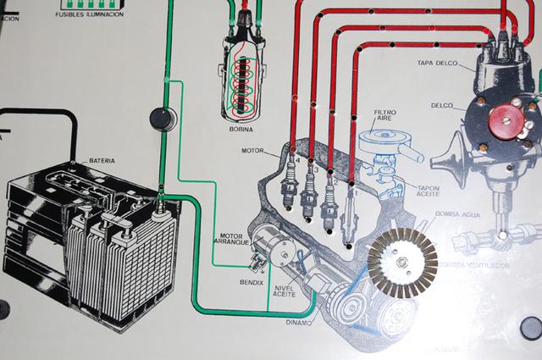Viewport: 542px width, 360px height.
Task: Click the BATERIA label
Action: coord(102,160)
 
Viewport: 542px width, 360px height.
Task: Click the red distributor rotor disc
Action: coord(505,122)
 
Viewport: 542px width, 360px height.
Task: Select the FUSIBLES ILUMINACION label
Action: coord(89,15)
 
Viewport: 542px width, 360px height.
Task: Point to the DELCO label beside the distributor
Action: coord(441,107)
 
